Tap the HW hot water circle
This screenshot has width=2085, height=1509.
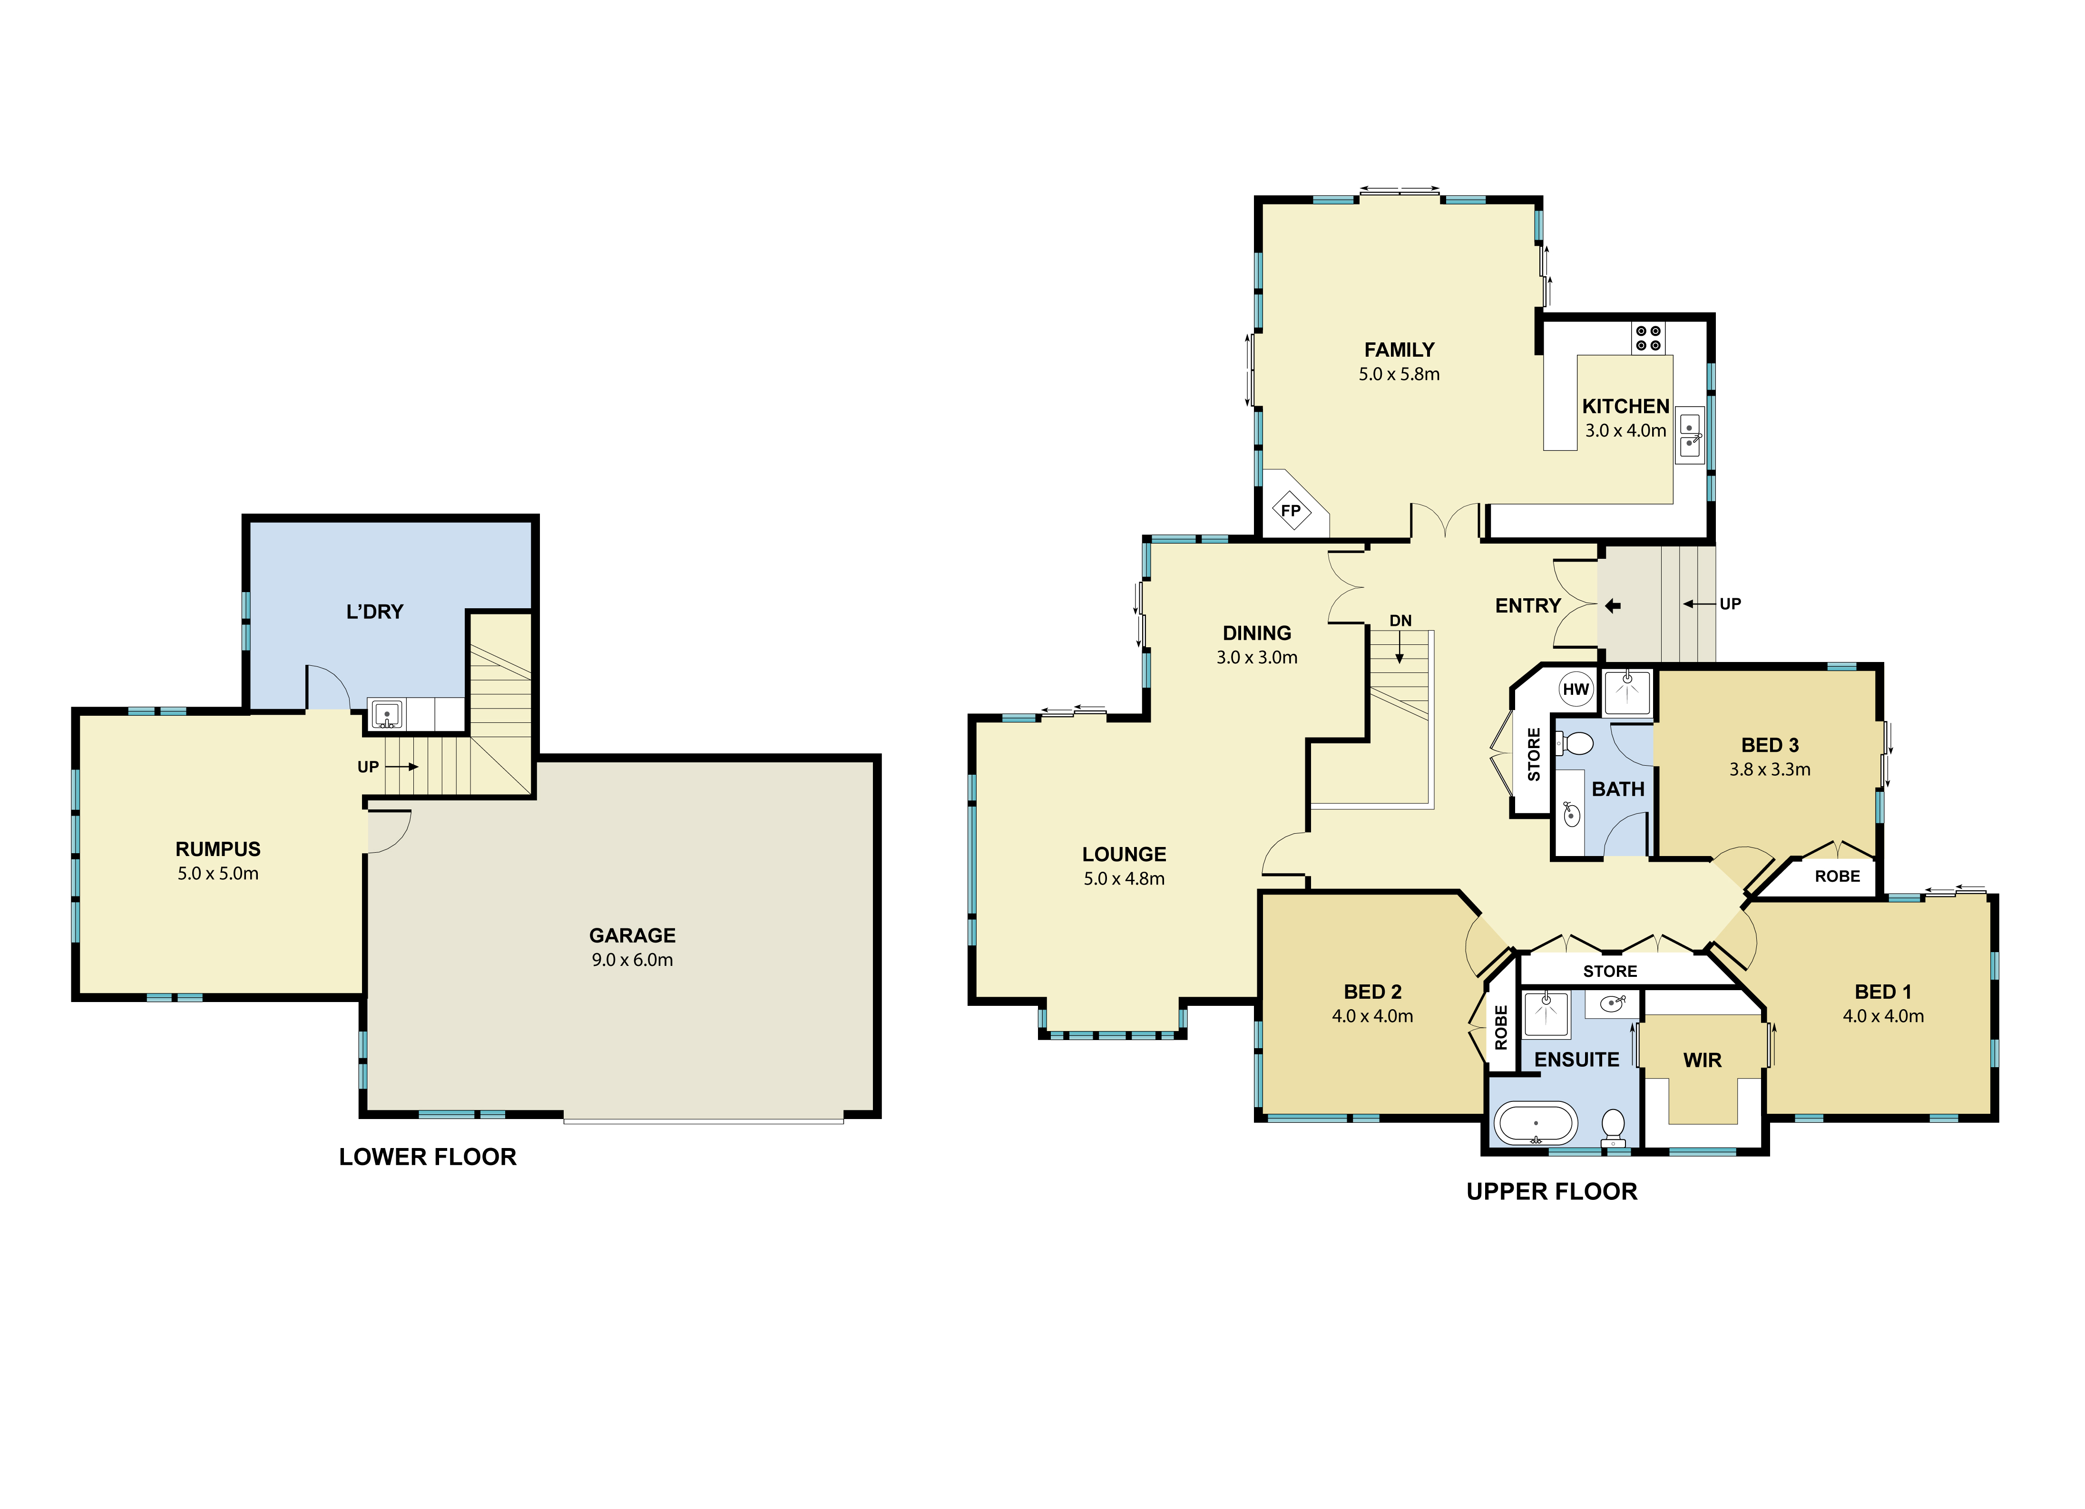1576,689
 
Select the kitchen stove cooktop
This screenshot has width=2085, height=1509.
1648,338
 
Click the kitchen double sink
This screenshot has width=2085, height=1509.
1690,436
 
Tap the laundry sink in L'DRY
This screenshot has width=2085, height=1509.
387,714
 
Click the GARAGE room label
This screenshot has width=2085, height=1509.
633,935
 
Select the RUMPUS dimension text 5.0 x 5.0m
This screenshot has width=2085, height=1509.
218,874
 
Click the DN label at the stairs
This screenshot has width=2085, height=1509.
1400,621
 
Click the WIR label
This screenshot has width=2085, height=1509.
1703,1061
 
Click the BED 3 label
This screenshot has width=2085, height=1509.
1770,745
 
